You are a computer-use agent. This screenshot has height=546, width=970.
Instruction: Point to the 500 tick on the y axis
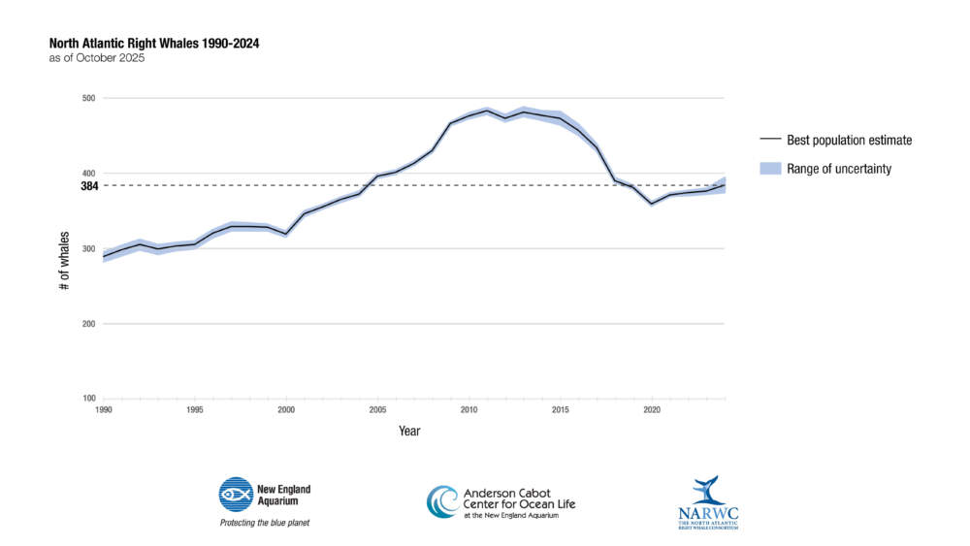88,98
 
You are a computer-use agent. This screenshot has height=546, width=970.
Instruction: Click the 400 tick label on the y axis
88,174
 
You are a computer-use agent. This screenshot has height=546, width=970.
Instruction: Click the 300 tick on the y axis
88,248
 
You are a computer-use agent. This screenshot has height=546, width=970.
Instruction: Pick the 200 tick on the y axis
88,324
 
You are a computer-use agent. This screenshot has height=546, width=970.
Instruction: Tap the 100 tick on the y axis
88,399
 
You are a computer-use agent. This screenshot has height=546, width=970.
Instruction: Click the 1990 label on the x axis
103,409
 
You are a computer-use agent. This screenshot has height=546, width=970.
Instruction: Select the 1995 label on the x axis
194,409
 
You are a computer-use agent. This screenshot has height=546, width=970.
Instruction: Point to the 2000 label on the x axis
286,409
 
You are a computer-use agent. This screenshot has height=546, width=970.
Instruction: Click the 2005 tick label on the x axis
377,409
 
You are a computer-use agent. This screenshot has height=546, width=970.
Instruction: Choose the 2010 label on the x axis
469,409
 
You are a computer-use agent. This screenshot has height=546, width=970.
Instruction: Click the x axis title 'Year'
409,431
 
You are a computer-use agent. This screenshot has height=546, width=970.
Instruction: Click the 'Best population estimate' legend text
850,141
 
